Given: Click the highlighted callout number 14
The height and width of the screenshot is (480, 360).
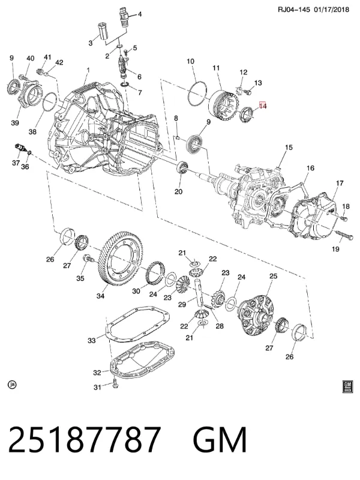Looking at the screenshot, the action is (263, 106).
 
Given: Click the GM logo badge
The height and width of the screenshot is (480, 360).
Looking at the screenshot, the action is (347, 386).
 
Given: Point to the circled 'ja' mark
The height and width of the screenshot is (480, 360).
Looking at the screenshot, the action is (12, 384).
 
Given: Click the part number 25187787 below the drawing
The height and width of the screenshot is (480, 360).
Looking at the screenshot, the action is (84, 439).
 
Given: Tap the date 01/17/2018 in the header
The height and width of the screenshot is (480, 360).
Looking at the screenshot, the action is (332, 10).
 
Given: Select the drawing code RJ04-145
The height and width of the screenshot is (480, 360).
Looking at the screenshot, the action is (294, 10).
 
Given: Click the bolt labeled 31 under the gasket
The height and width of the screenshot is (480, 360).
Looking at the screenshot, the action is (115, 383).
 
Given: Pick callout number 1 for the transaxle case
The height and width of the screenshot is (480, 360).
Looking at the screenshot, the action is (88, 70).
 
